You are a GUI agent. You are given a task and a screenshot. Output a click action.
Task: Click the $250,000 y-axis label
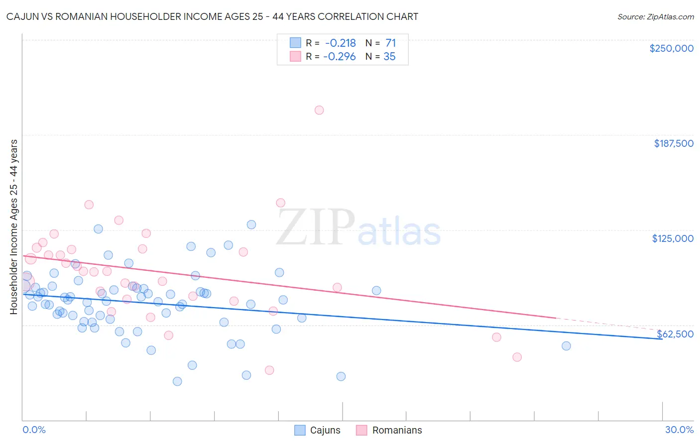coord(671,48)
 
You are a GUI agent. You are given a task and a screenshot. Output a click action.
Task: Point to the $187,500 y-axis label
coord(673,143)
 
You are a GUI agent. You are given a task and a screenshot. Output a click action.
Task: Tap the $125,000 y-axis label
coord(673,238)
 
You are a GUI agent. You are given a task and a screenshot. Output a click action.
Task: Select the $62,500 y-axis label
coord(675,334)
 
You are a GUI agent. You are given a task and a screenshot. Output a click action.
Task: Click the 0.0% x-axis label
coord(34,430)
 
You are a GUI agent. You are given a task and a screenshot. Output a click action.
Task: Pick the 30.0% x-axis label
coord(679,430)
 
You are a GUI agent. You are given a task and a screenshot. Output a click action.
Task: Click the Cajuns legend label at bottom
coord(325,430)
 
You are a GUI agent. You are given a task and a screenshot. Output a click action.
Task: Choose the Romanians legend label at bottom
coord(397,430)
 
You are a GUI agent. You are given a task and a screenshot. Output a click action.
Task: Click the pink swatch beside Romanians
coord(361,430)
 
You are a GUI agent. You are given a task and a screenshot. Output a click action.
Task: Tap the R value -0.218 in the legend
coord(341,43)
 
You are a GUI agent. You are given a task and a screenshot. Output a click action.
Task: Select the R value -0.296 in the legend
coord(340,57)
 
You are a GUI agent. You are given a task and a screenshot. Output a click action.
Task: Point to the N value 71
coord(390,43)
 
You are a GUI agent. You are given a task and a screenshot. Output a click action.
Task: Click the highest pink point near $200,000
coord(319,110)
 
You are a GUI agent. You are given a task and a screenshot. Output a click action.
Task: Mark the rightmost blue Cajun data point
coord(566,346)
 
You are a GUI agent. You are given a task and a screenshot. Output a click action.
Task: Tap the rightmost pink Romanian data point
coord(517,357)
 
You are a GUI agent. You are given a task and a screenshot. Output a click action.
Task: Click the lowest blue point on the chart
coord(177,381)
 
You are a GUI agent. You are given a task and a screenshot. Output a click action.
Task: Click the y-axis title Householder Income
coord(13,226)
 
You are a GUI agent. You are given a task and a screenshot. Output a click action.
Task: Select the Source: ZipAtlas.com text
coord(655,17)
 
